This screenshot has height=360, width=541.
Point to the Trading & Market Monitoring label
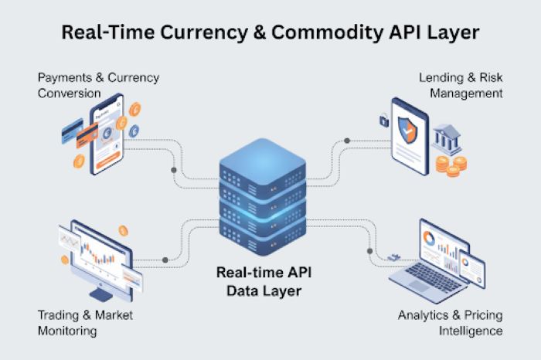tap(85, 323)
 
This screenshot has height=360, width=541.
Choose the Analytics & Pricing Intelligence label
tap(450, 323)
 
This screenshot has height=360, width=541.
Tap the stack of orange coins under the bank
tap(450, 165)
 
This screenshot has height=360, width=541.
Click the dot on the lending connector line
tap(347, 141)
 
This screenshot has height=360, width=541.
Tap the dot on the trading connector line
tap(166, 260)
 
